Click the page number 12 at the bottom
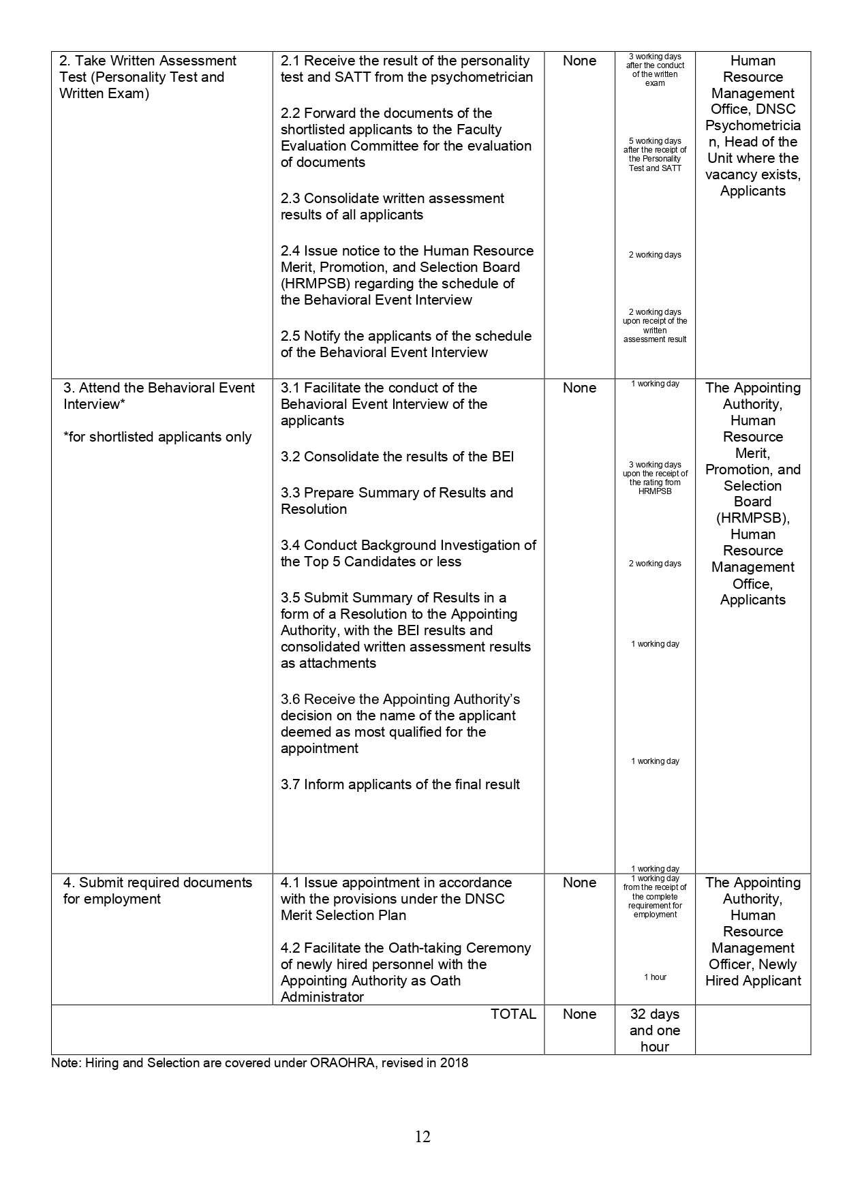pos(422,1137)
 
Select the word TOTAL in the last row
pos(513,1014)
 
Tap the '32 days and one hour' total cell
pos(654,1030)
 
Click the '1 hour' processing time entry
pos(655,977)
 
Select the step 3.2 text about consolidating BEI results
pos(397,457)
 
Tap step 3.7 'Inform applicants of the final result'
pos(400,784)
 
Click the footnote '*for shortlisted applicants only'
pos(157,437)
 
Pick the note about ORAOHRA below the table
pos(260,1062)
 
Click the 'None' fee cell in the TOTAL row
pos(579,1014)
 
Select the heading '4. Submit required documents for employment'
pos(157,891)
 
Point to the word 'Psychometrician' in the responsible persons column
pos(752,126)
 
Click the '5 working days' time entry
pos(655,141)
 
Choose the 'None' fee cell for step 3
pos(579,388)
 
